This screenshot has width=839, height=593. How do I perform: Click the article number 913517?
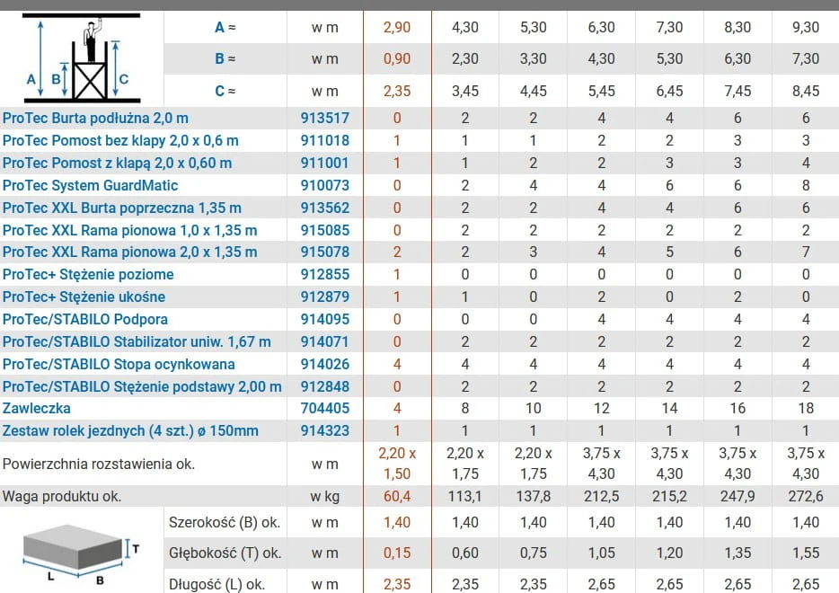click(x=325, y=118)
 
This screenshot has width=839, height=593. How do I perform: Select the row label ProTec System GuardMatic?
click(x=90, y=185)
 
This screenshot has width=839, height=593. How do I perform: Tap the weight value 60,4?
click(x=396, y=496)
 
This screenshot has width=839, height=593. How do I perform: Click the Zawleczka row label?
click(x=37, y=408)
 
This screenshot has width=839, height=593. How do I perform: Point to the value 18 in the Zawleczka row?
click(x=805, y=408)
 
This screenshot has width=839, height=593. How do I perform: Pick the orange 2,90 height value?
click(x=396, y=27)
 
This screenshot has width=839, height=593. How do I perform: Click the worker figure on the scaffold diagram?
click(x=92, y=40)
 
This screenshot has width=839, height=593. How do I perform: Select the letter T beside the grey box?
click(x=136, y=549)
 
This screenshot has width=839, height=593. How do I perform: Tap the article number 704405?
click(x=325, y=408)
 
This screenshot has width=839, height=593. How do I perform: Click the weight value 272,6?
click(x=805, y=496)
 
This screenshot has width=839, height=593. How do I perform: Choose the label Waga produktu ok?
click(x=62, y=496)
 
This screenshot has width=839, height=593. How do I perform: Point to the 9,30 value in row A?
click(x=805, y=27)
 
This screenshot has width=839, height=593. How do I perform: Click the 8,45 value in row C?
click(x=805, y=91)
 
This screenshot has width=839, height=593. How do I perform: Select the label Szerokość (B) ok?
click(x=225, y=522)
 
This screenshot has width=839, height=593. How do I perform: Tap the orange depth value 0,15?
click(x=396, y=553)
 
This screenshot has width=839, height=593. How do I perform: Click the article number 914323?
click(x=325, y=431)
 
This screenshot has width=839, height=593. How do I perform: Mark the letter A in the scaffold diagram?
click(x=31, y=79)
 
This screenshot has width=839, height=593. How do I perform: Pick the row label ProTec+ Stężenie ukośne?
click(x=84, y=296)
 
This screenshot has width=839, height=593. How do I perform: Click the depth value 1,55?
click(x=805, y=553)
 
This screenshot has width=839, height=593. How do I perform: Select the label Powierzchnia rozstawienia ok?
click(x=99, y=464)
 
